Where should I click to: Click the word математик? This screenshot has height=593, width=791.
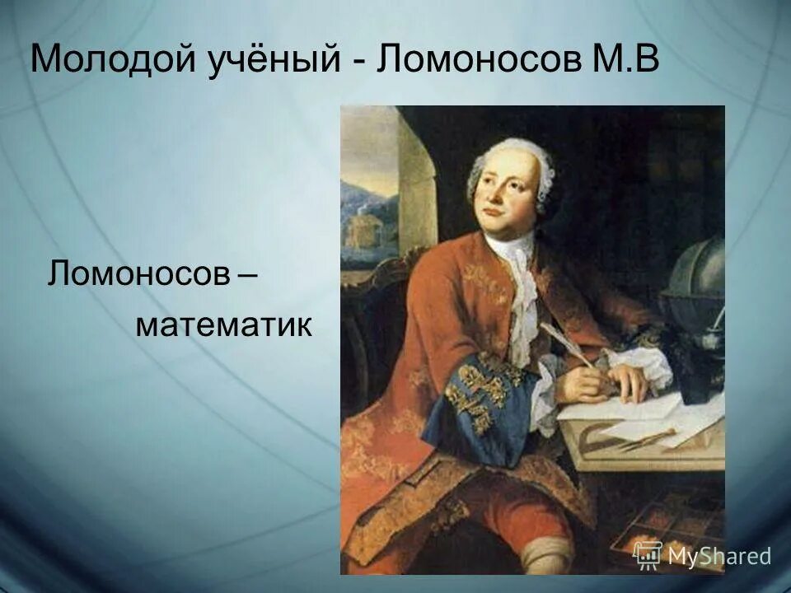pos(223,325)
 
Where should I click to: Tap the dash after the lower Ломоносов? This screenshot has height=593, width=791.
pos(245,275)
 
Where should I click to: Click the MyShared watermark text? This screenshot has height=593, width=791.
pos(718,556)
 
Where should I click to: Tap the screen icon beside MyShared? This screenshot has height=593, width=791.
pos(648,555)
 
